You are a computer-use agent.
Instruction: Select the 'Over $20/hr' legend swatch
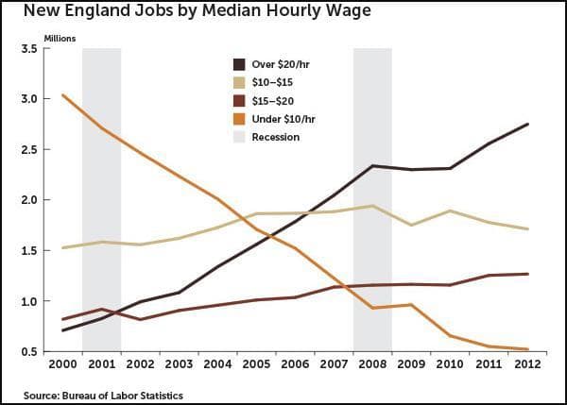240,64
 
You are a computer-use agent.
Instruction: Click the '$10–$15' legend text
274,82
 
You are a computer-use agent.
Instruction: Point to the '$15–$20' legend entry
274,101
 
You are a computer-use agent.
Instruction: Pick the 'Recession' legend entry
275,137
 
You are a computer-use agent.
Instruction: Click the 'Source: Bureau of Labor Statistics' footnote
104,394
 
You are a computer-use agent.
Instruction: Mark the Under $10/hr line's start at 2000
63,95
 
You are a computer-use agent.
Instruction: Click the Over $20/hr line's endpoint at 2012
527,125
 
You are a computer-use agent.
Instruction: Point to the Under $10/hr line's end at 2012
527,349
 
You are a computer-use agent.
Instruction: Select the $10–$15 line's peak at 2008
372,206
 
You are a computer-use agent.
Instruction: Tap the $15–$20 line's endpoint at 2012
527,274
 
